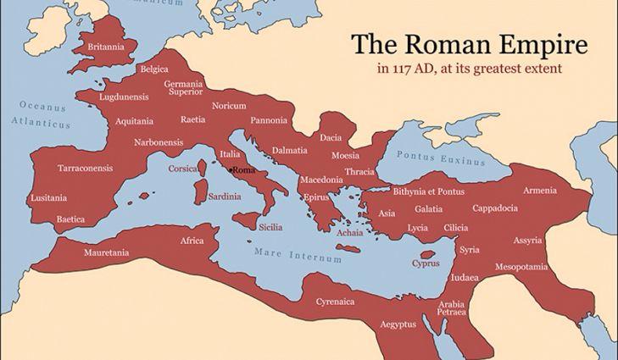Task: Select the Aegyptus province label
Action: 397,324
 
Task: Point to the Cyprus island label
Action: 426,263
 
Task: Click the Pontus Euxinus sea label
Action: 441,158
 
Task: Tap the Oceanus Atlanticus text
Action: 42,115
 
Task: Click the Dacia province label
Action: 331,137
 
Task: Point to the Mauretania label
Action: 106,252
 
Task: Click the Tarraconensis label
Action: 85,168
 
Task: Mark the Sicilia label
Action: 270,227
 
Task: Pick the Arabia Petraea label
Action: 451,308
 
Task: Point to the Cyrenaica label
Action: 335,302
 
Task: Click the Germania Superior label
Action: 184,88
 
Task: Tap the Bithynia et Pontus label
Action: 429,192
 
